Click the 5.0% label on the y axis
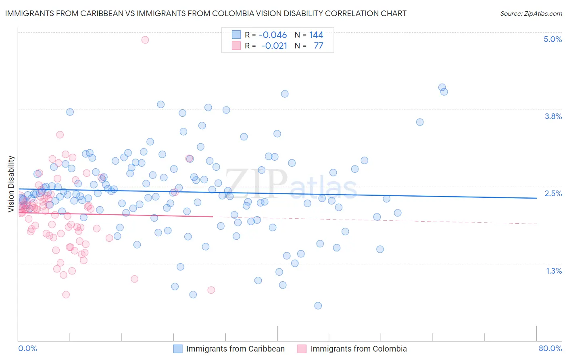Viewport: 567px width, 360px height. (552, 39)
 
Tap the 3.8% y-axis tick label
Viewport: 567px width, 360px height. (553, 116)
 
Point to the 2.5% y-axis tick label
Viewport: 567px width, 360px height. (553, 193)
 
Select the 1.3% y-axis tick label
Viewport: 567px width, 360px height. (554, 271)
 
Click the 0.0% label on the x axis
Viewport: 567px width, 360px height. (27, 348)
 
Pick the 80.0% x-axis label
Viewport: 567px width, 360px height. (550, 348)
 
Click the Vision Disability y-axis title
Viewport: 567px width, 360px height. (11, 184)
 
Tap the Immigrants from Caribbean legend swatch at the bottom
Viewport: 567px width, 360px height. (178, 349)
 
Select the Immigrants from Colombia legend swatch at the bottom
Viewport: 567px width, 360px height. (302, 349)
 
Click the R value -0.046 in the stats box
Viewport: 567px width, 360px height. (273, 35)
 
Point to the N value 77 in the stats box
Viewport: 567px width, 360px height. (318, 46)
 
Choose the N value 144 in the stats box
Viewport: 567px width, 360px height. (316, 35)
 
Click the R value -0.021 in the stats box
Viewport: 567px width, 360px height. (274, 46)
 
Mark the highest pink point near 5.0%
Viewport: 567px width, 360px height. (145, 40)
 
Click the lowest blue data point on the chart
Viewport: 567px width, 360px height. (318, 306)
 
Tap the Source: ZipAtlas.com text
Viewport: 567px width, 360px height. (531, 13)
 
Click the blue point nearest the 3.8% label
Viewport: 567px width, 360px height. (420, 122)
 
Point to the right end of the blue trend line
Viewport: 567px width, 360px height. (536, 198)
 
